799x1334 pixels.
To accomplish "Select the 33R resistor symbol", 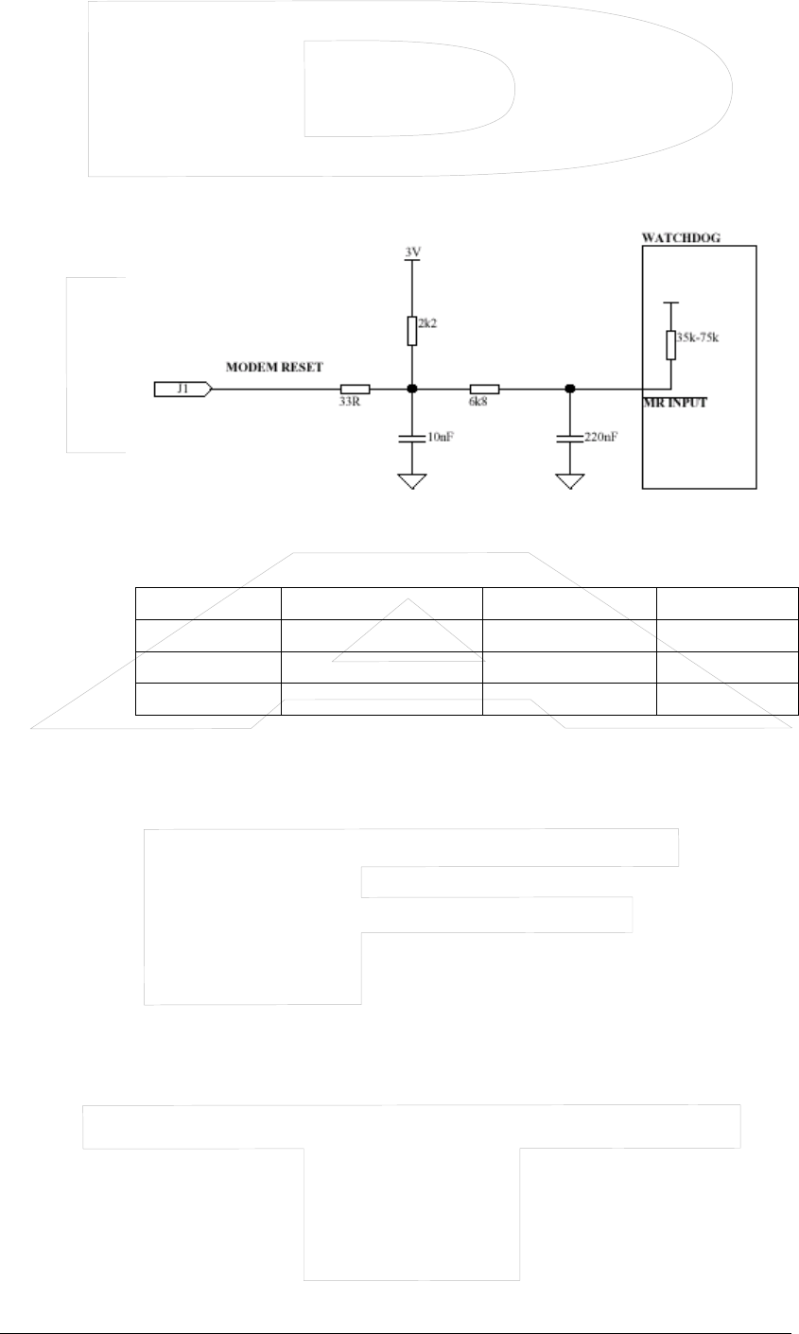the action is pos(356,389).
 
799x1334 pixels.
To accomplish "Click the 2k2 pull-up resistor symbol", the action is pos(411,331).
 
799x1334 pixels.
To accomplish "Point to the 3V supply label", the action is pos(411,252).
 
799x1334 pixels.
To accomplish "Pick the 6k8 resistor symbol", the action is pos(484,389).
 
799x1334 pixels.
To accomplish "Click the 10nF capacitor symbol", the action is pos(411,439).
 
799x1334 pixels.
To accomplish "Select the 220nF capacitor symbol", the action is pos(569,439).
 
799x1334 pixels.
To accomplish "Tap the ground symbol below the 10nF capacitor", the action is pos(411,482).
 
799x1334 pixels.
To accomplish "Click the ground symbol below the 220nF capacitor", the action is pos(569,482).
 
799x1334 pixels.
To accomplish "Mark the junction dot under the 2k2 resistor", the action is pos(411,389).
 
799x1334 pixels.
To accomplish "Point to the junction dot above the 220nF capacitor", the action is pos(569,389).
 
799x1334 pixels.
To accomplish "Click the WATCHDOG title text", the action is pos(681,238).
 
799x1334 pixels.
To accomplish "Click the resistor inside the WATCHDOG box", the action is pos(670,345).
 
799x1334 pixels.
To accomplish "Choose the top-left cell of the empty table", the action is pos(208,602).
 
